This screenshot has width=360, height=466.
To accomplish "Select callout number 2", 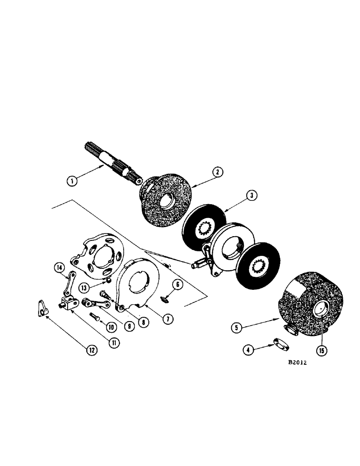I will click(218, 172).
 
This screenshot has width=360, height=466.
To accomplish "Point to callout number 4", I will click(250, 349).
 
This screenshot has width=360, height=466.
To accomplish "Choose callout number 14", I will click(59, 267).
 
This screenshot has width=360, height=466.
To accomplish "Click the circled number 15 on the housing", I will click(321, 349).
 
